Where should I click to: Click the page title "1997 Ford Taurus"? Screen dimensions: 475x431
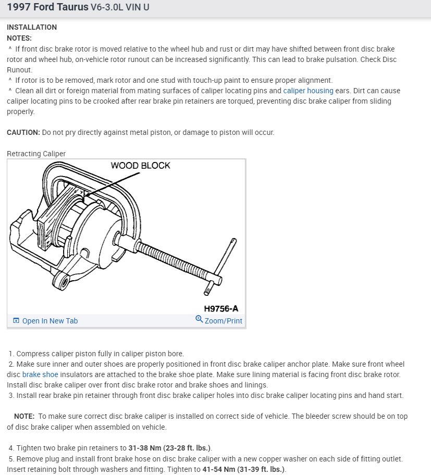click(x=47, y=8)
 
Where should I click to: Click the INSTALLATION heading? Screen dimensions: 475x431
click(x=32, y=27)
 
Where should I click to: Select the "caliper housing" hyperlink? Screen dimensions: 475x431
click(x=308, y=91)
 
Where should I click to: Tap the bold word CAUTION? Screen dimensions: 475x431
click(x=23, y=132)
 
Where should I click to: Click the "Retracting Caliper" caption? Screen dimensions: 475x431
click(x=36, y=154)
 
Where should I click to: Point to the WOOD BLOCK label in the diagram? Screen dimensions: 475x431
click(x=140, y=166)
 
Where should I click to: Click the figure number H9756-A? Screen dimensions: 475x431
click(x=221, y=308)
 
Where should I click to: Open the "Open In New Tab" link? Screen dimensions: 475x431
click(x=50, y=321)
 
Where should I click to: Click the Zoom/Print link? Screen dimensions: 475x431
click(x=223, y=321)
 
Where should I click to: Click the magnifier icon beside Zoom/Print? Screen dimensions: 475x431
click(x=199, y=319)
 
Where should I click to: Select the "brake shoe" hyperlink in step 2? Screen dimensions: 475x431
click(x=40, y=374)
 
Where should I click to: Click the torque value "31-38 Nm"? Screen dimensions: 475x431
click(x=145, y=448)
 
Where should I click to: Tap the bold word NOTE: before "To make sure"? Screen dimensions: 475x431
click(x=24, y=417)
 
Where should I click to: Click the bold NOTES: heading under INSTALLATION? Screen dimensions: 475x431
click(x=19, y=38)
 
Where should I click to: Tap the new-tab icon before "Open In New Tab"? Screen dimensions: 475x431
click(x=16, y=321)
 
